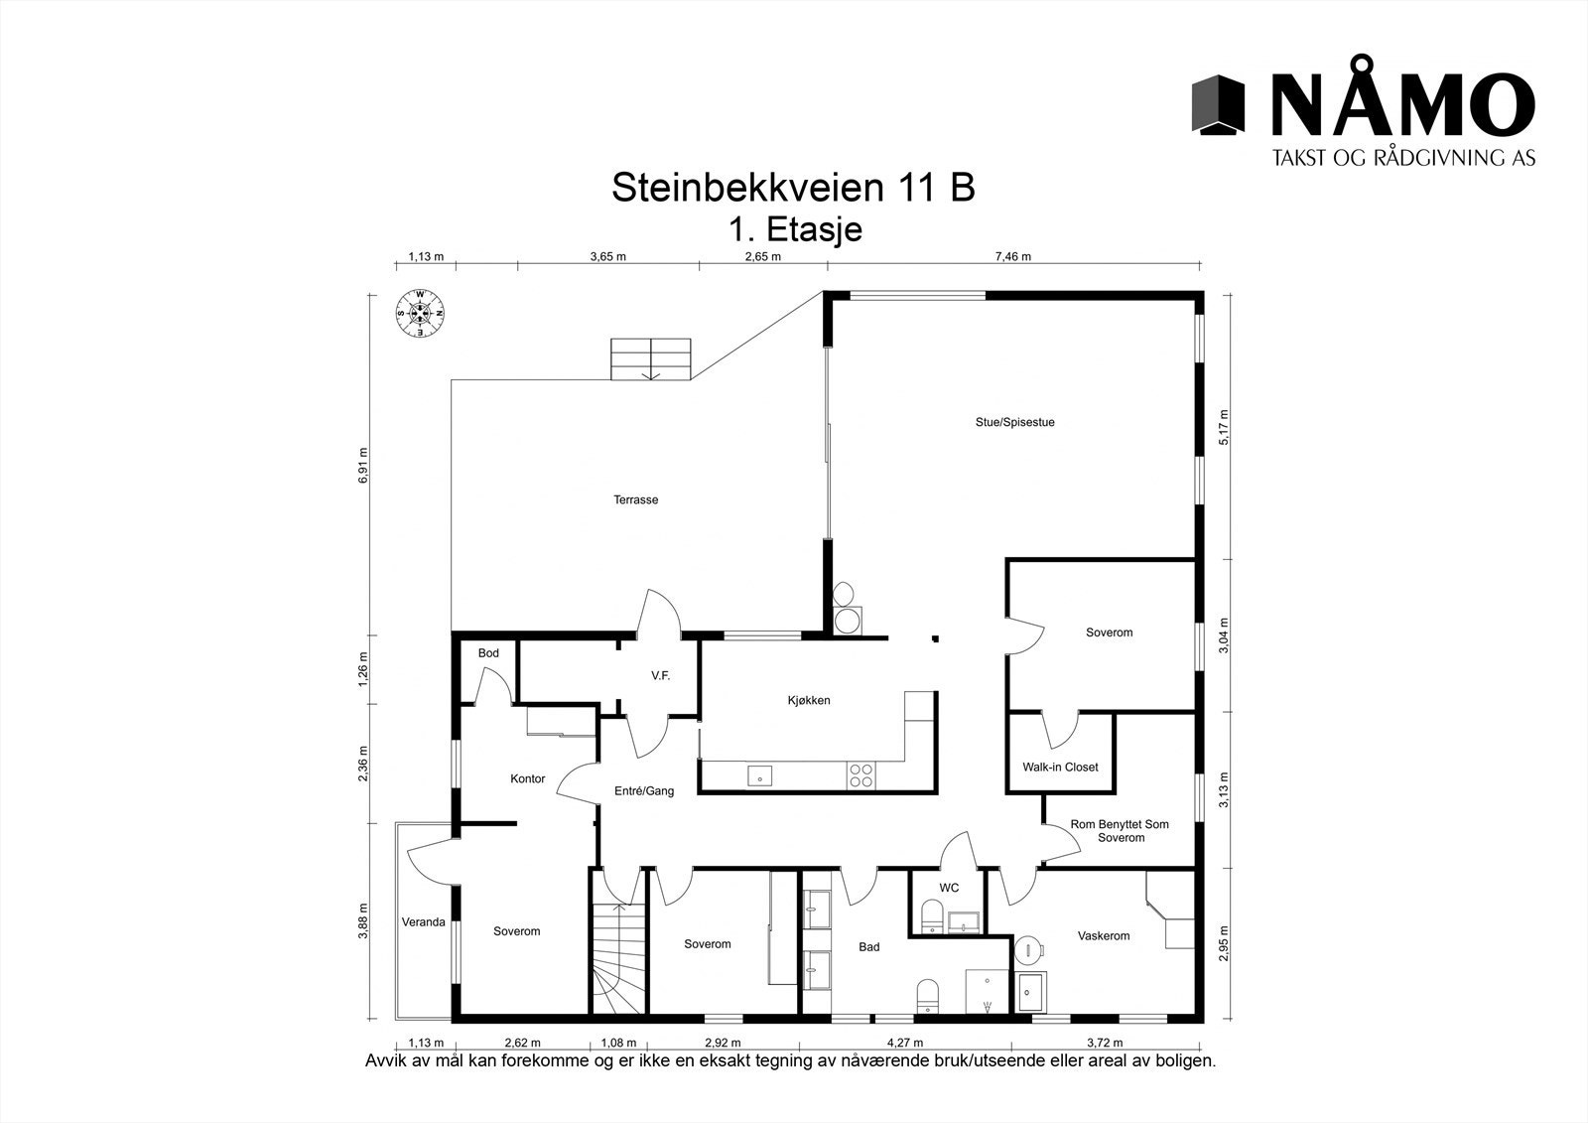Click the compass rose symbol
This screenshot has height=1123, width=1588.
[x=421, y=313]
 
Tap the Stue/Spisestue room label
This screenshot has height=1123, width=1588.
[x=1014, y=422]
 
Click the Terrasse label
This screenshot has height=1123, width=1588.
[x=635, y=500]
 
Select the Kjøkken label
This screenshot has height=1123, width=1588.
[x=809, y=700]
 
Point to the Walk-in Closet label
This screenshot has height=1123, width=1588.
[x=1060, y=767]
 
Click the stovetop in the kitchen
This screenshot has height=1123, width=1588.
[x=860, y=775]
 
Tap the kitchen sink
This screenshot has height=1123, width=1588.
[x=759, y=776]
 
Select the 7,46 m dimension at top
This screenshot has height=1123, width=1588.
[x=1012, y=256]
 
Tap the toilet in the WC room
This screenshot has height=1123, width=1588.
[x=931, y=915]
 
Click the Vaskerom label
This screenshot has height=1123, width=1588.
[x=1104, y=935]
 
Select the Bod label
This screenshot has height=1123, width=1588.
[x=488, y=653]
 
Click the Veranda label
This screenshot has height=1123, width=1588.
[x=423, y=922]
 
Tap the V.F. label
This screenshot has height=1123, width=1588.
[x=660, y=675]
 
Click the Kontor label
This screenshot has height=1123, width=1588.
[x=527, y=778]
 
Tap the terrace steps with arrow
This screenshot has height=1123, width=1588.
[x=650, y=358]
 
